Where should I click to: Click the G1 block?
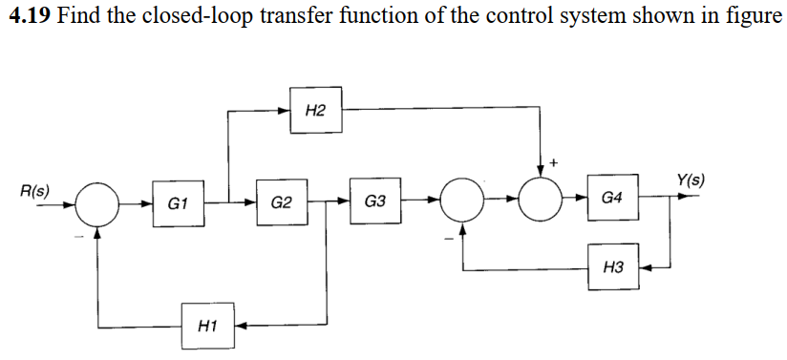click(179, 202)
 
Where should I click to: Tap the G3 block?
click(374, 201)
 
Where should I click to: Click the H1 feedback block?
click(208, 326)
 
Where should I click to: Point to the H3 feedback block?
click(613, 268)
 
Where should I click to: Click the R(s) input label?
click(35, 188)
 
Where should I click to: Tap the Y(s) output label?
click(690, 180)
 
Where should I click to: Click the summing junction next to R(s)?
click(96, 202)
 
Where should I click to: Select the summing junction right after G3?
click(462, 201)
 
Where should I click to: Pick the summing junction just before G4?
click(543, 201)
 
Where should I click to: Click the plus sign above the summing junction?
click(554, 163)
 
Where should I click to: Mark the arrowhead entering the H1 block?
click(241, 326)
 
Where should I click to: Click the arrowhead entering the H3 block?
click(645, 268)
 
